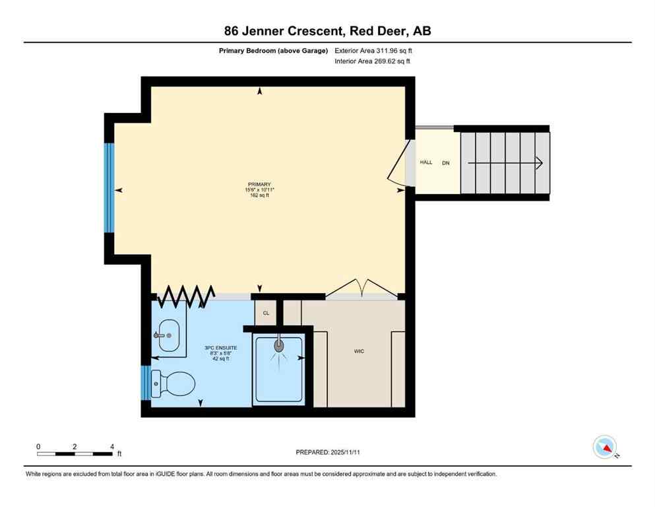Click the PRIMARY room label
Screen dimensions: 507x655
coord(259,185)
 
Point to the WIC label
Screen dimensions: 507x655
coord(359,351)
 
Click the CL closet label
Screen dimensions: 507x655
coord(266,313)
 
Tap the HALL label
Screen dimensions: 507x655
coord(426,162)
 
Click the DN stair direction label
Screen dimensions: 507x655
coord(446,162)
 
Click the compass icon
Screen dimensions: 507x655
coord(605,447)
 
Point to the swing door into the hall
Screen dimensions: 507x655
coord(398,163)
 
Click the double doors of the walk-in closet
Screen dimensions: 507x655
coord(359,287)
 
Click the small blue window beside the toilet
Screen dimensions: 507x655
coord(146,383)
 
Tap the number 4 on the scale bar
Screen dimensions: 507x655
coord(112,446)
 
